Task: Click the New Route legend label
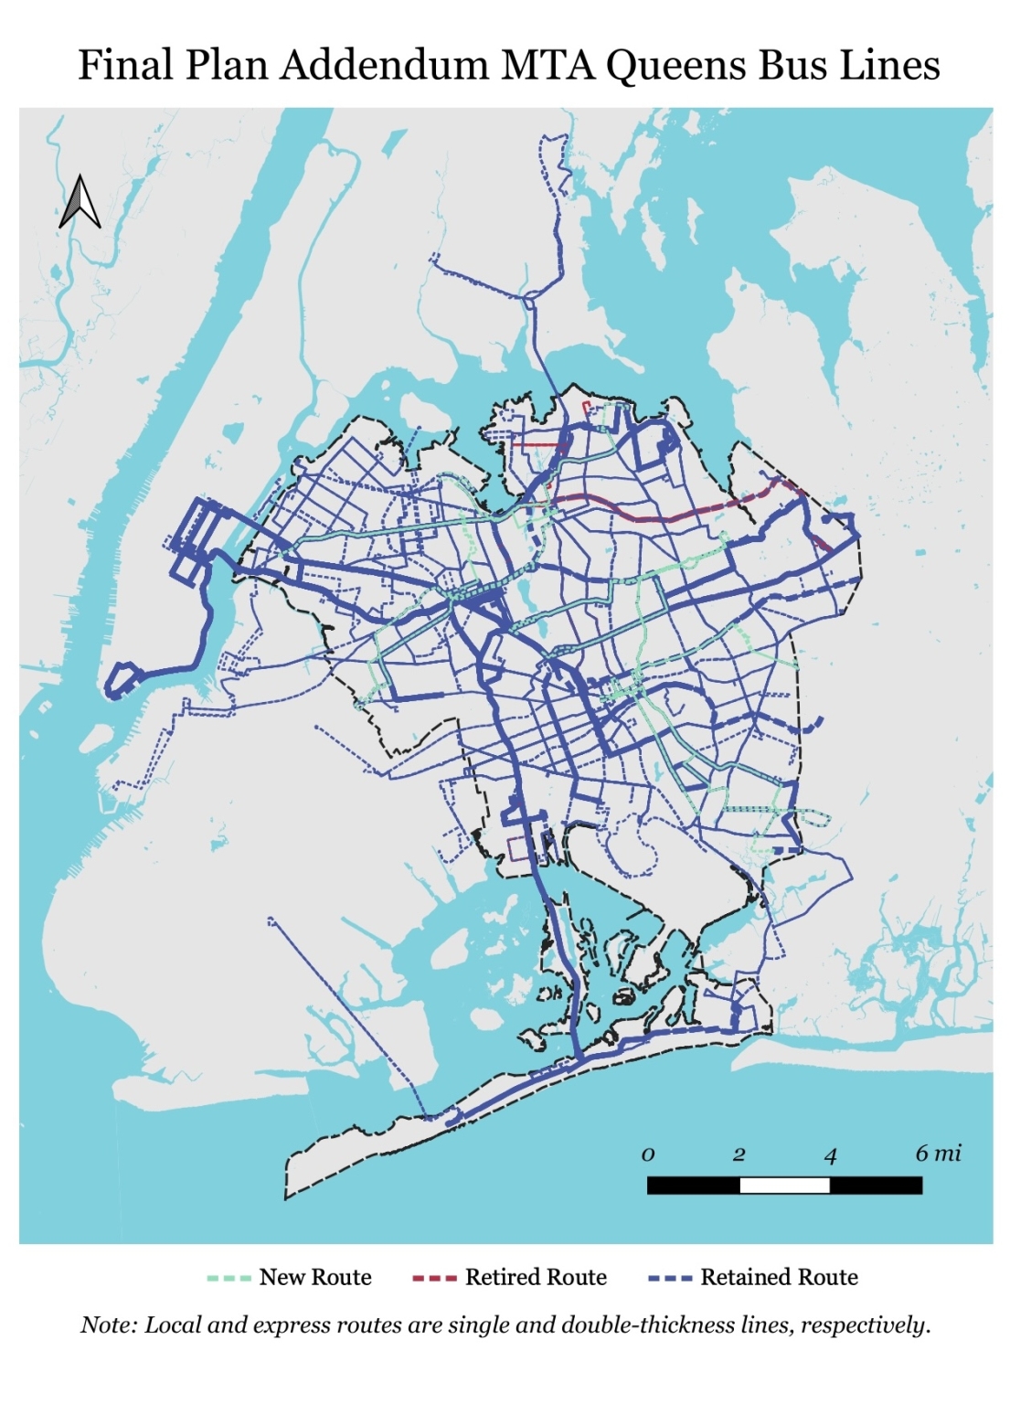coord(315,1277)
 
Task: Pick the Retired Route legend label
coord(536,1277)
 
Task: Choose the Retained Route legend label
coord(779,1277)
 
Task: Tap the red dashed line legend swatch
coord(435,1278)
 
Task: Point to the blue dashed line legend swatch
coord(670,1278)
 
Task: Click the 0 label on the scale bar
coord(648,1154)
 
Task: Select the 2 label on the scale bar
coord(739,1154)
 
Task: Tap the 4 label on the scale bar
coord(830,1155)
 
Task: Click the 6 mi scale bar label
coord(938,1154)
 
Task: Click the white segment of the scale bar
coord(784,1186)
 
